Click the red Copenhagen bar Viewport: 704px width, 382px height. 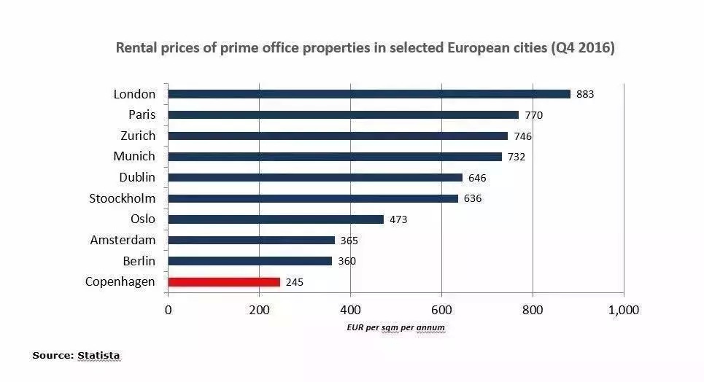tap(224, 281)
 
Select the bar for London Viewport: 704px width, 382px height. tap(369, 94)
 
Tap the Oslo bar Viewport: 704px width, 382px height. tap(276, 219)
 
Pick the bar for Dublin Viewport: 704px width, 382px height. tap(315, 177)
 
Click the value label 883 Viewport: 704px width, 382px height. tap(585, 94)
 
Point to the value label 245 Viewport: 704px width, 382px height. tap(294, 282)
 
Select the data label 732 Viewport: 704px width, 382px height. tap(517, 157)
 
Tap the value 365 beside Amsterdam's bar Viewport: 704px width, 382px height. tap(349, 241)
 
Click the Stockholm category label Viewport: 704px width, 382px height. tap(122, 198)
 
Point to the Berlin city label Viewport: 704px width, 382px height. tap(139, 261)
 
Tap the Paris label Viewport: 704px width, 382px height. tap(142, 114)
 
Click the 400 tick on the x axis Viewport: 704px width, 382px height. tap(350, 310)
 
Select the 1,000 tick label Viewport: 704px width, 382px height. tap(624, 310)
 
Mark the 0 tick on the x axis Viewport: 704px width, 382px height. tap(169, 310)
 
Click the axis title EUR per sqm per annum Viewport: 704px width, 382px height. tap(395, 328)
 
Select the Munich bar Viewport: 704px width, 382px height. tap(335, 157)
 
